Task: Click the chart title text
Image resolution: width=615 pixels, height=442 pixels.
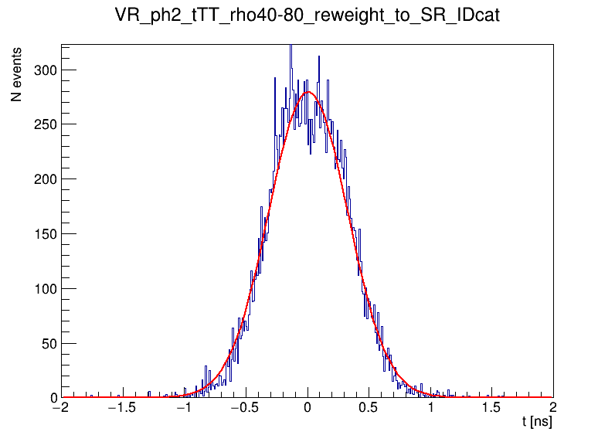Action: (x=307, y=15)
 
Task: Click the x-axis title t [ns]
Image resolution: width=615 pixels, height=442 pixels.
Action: (x=536, y=422)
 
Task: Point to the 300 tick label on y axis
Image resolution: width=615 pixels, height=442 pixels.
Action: (x=45, y=70)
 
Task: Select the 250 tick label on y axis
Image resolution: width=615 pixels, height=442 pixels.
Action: (x=45, y=124)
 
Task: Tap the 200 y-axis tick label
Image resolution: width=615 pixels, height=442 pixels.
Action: (x=45, y=179)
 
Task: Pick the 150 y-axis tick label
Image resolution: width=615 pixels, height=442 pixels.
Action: (x=45, y=234)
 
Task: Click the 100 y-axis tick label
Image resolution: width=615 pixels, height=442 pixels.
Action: (x=45, y=289)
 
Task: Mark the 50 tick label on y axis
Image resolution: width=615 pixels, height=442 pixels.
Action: (x=48, y=344)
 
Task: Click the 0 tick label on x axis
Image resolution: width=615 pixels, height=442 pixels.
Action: (x=307, y=407)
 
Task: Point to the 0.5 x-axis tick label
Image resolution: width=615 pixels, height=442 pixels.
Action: (x=369, y=407)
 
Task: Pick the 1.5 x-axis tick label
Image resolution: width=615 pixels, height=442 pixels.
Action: (x=492, y=407)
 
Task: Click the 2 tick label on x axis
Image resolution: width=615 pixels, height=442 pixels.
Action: (x=553, y=407)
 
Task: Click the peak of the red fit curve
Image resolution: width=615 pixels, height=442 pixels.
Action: (x=307, y=92)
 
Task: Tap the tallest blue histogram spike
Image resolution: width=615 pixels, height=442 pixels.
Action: (x=291, y=48)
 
